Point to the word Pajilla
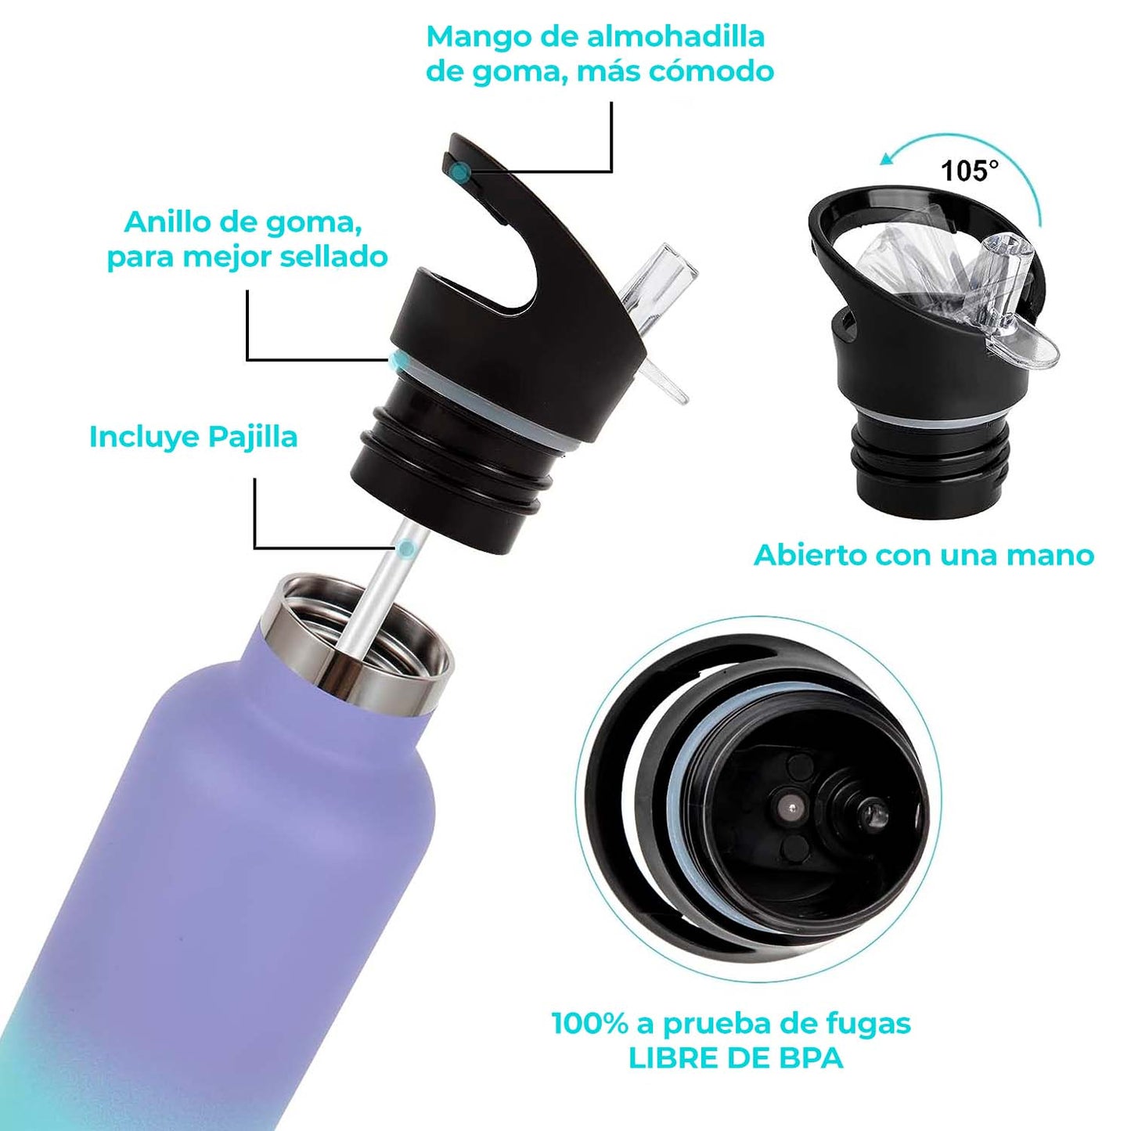coord(253,437)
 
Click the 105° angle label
coord(969,170)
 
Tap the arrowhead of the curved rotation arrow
coord(887,159)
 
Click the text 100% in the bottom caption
coord(589,1023)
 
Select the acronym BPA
coord(810,1058)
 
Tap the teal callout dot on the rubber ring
coord(400,361)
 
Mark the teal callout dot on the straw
coord(405,549)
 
